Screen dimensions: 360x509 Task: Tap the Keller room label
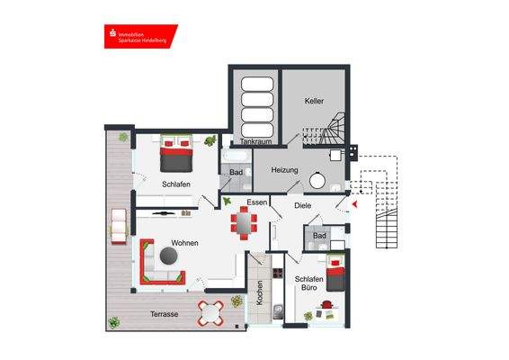click(314, 101)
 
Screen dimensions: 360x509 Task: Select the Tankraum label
click(255, 142)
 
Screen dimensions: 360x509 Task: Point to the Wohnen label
click(186, 243)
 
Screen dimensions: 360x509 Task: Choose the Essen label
click(256, 203)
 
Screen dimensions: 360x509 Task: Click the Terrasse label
click(164, 314)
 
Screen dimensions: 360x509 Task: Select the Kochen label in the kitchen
click(260, 293)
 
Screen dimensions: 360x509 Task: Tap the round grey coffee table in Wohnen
click(169, 257)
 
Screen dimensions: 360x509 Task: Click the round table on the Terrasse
click(214, 314)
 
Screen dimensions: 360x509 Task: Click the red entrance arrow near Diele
click(356, 204)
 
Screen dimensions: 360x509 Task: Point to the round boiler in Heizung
click(317, 178)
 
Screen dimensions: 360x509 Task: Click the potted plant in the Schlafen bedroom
click(210, 140)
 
